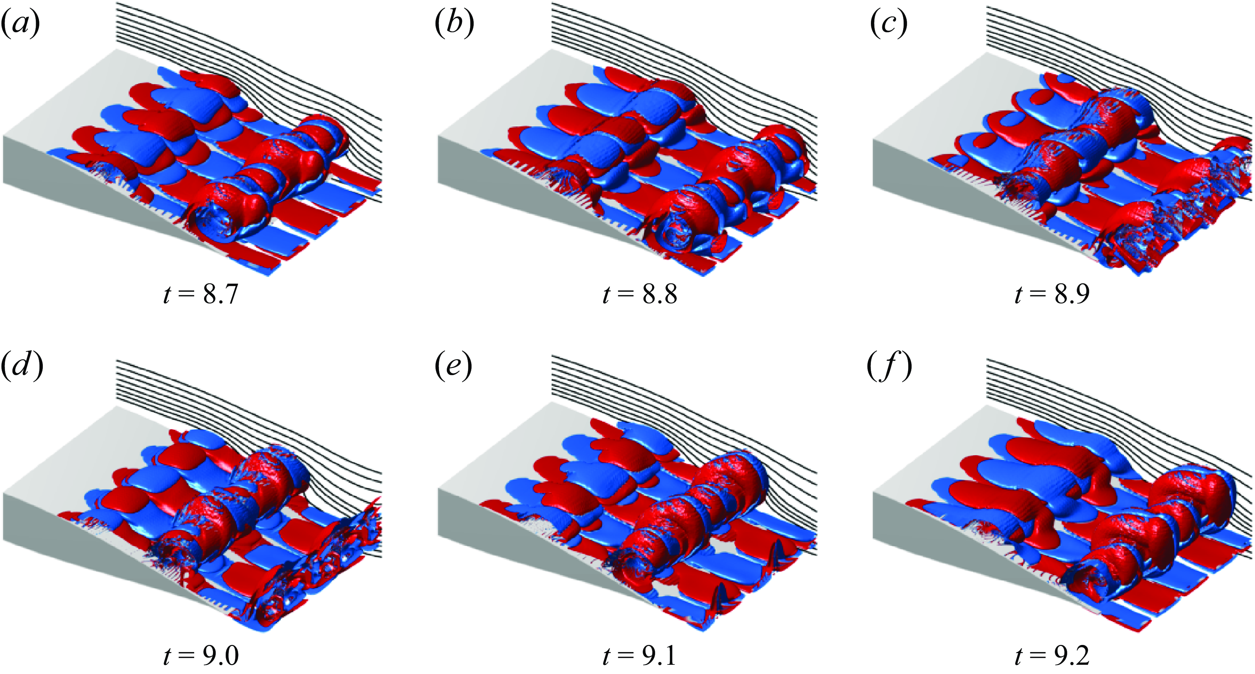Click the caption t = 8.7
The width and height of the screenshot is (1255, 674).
(201, 294)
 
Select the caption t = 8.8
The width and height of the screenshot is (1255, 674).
(640, 294)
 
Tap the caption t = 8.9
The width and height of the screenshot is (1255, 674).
(1052, 294)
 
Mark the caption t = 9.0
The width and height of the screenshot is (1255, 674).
(201, 656)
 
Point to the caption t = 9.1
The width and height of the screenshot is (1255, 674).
(640, 656)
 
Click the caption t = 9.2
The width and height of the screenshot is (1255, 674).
(1052, 656)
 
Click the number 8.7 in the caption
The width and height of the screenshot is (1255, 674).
(220, 294)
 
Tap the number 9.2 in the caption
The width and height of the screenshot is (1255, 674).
(1071, 656)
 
